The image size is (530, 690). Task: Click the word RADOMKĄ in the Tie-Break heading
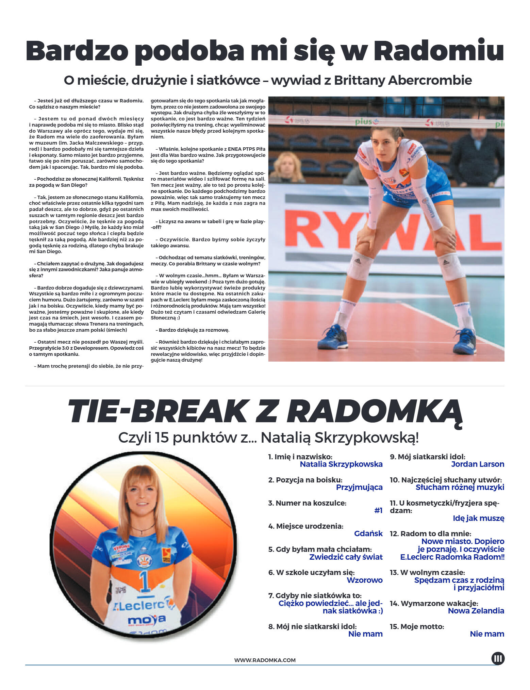[374, 412]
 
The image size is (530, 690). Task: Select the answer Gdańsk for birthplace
[368, 533]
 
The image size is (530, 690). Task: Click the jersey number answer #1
[378, 510]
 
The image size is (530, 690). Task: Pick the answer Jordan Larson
[477, 464]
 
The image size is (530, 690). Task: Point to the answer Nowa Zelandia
[476, 611]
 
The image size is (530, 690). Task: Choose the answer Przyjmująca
[359, 487]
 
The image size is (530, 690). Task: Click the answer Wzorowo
[364, 580]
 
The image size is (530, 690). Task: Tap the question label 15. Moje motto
[417, 626]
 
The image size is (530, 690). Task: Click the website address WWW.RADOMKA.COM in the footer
[265, 660]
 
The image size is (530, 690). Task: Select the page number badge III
[498, 658]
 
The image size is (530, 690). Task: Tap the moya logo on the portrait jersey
[147, 620]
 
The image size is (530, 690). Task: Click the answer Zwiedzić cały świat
[346, 557]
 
